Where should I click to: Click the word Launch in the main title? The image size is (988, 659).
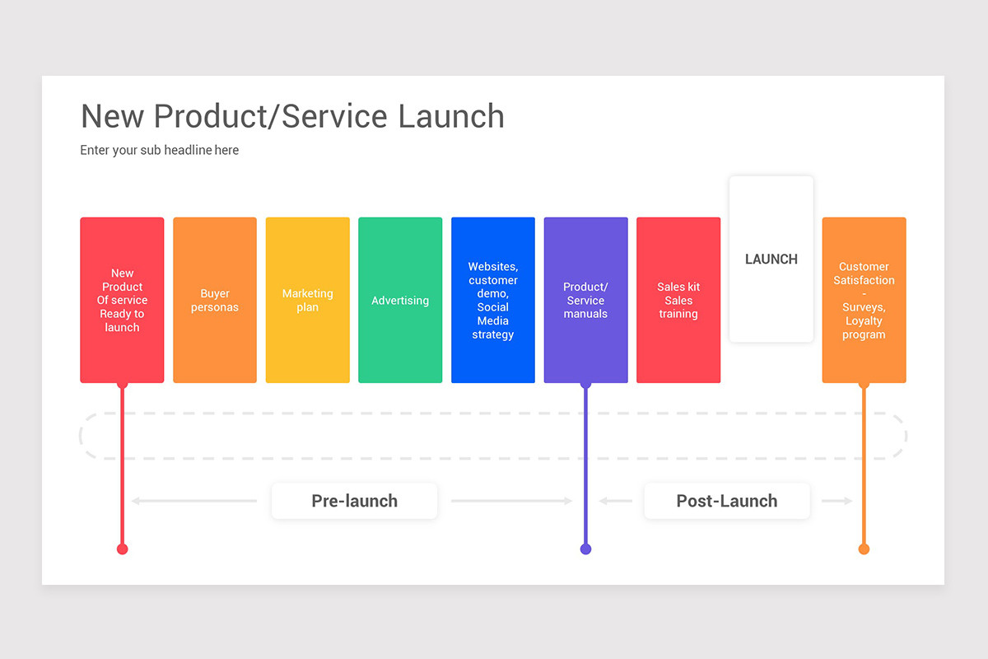pyautogui.click(x=451, y=116)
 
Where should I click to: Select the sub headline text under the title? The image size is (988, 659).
pyautogui.click(x=159, y=150)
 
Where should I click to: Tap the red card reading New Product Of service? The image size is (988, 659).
pyautogui.click(x=122, y=300)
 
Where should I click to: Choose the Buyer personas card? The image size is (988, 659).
pyautogui.click(x=215, y=300)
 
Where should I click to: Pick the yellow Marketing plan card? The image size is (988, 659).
pyautogui.click(x=307, y=300)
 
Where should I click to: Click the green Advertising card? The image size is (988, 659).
pyautogui.click(x=400, y=300)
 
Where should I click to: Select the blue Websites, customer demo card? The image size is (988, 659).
pyautogui.click(x=492, y=300)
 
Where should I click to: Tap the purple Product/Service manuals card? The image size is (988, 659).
pyautogui.click(x=585, y=300)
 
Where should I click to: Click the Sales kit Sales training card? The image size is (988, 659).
pyautogui.click(x=678, y=300)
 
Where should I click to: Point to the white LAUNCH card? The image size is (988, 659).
pyautogui.click(x=771, y=259)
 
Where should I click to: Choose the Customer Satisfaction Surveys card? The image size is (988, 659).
pyautogui.click(x=864, y=300)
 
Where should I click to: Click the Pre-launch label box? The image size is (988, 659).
pyautogui.click(x=354, y=501)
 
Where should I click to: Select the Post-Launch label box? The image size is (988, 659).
pyautogui.click(x=726, y=501)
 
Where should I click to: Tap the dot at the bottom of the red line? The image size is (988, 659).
pyautogui.click(x=122, y=549)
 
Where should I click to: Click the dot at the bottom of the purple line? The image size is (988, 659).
pyautogui.click(x=585, y=549)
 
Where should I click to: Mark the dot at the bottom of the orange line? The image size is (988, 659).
pyautogui.click(x=864, y=549)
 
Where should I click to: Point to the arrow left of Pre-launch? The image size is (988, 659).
pyautogui.click(x=194, y=501)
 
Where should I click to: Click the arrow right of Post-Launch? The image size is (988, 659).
pyautogui.click(x=837, y=501)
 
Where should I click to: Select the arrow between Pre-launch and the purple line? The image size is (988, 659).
pyautogui.click(x=511, y=501)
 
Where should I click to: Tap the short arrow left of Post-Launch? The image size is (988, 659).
pyautogui.click(x=616, y=501)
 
